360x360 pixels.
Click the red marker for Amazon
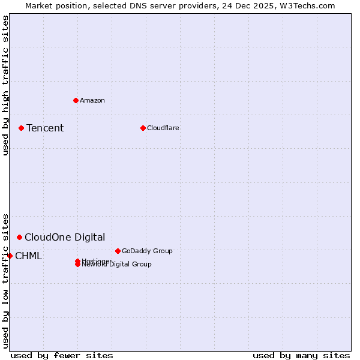(76, 100)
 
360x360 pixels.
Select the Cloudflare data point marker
(143, 128)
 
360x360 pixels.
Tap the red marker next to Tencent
(21, 128)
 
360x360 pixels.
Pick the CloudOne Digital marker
(20, 238)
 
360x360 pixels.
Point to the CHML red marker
(10, 256)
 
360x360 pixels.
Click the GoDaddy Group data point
(118, 251)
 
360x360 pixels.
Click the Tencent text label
(45, 128)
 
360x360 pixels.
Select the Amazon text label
(92, 100)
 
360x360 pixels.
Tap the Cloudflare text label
(163, 128)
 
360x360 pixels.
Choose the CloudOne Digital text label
(65, 238)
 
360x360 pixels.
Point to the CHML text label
(28, 256)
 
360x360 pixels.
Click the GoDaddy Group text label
(147, 251)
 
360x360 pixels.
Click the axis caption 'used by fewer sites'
(62, 355)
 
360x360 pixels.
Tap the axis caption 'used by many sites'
(301, 355)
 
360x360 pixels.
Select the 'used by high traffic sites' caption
(5, 85)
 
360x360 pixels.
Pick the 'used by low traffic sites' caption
(5, 280)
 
